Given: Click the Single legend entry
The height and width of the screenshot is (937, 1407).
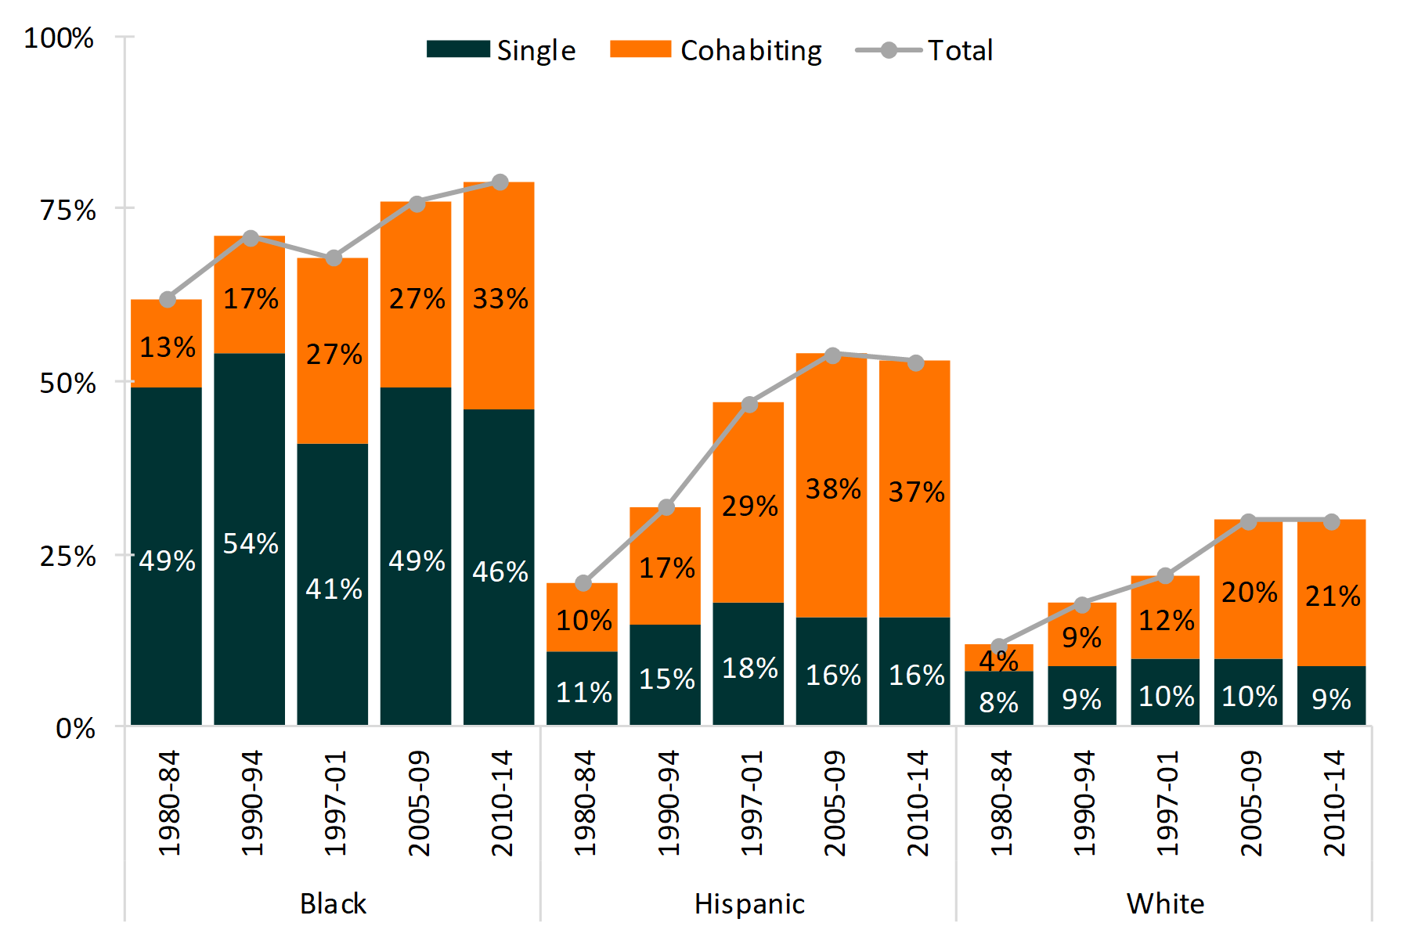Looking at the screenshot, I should tap(501, 50).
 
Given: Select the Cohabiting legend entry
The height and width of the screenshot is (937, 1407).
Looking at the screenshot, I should tap(716, 50).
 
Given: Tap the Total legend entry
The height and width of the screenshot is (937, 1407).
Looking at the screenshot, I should tap(924, 50).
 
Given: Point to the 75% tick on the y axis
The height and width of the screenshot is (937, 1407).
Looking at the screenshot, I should tap(68, 210).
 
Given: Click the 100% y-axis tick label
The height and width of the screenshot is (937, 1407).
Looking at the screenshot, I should tap(59, 38).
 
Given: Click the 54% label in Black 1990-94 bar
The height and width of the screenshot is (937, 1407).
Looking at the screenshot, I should tap(251, 543).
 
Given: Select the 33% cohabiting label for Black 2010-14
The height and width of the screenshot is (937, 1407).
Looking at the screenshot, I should tap(500, 299).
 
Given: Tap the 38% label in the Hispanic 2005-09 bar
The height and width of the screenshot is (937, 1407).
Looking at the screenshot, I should tap(833, 489).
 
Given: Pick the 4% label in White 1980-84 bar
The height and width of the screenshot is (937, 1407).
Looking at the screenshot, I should tap(998, 661).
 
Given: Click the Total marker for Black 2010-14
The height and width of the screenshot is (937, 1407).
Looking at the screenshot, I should tap(500, 182).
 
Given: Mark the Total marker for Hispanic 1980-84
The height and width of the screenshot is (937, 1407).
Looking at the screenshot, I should tap(583, 583).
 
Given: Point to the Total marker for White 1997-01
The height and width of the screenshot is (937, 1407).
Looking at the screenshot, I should tap(1165, 576).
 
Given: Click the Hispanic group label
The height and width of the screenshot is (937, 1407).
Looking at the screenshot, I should tap(749, 904).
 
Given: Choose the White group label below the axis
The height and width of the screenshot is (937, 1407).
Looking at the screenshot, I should tap(1165, 904).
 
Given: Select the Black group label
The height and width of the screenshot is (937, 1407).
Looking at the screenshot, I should tap(333, 904).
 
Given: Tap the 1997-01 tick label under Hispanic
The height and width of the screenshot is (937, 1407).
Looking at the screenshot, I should tap(750, 803).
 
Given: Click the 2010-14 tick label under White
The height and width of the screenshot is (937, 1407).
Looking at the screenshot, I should tap(1333, 803).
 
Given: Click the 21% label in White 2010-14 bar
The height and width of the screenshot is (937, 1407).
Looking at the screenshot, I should tap(1333, 596).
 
